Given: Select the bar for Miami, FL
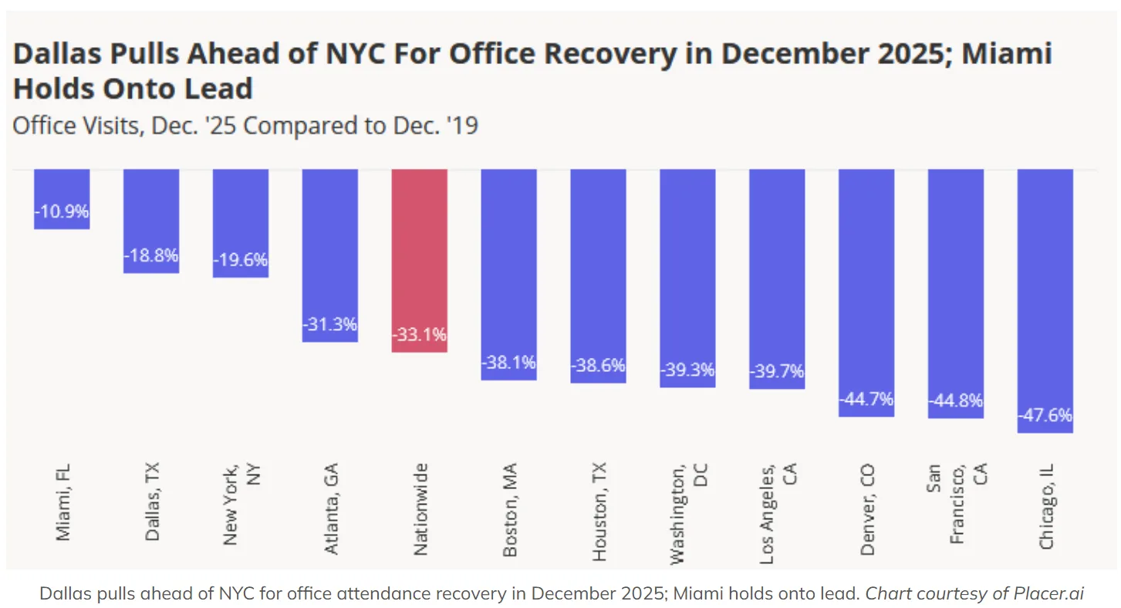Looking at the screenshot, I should click(62, 198).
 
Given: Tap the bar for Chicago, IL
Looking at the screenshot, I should click(1045, 300).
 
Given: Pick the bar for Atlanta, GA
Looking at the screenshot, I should click(329, 255).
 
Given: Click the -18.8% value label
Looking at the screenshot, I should click(151, 255).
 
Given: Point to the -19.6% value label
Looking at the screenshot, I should click(241, 260).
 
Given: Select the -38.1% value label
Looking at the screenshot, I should click(508, 363).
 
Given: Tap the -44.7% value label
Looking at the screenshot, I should click(866, 399).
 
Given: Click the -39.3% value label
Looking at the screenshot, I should click(687, 370).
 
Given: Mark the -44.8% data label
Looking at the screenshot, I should click(956, 400).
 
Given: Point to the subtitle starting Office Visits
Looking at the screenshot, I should click(245, 125).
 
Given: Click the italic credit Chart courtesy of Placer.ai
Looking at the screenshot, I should click(978, 593).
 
